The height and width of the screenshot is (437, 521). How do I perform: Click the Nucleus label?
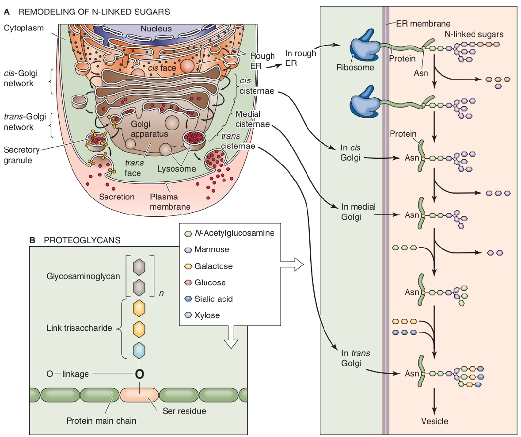coord(156,29)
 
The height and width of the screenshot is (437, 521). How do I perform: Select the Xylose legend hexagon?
coord(187,315)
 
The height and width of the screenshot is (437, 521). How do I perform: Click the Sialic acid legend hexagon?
coord(187,299)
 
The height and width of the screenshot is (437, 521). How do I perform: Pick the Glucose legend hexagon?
coord(187,283)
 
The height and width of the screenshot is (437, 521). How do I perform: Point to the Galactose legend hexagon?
coord(187,266)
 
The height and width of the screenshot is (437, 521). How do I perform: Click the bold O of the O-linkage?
coord(139,374)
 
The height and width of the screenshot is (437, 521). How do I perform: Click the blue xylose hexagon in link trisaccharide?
coord(139,350)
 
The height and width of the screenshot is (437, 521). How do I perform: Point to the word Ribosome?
coord(355,68)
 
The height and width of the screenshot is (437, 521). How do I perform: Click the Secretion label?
coord(117,196)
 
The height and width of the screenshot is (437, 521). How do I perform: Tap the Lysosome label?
coord(176,169)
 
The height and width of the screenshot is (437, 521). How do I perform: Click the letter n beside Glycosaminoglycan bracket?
coord(161,293)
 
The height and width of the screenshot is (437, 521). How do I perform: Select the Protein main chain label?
coord(101,421)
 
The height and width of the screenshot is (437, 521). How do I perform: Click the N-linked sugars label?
coord(473,34)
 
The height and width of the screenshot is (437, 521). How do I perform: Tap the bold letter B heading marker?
coord(32,240)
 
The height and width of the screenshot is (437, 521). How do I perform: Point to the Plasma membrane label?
coord(170,201)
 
